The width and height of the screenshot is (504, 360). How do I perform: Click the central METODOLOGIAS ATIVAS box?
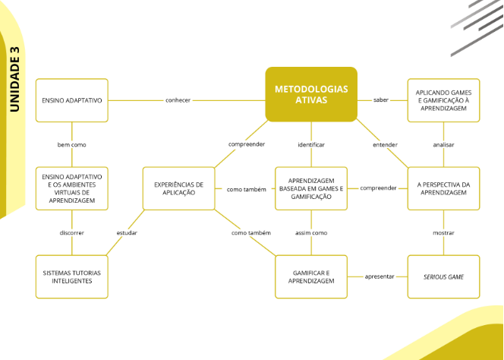311,94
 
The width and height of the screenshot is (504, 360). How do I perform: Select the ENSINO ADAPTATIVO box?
72,100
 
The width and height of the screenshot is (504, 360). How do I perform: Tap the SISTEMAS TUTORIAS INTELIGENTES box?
72,276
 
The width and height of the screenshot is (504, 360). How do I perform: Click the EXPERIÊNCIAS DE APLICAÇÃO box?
179,188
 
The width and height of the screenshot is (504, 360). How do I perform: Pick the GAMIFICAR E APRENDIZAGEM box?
311,276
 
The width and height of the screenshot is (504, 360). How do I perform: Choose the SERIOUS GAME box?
444,276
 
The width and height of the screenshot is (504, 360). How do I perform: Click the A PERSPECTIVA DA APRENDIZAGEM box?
444,188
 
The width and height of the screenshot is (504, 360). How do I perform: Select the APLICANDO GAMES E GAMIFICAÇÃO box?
444,100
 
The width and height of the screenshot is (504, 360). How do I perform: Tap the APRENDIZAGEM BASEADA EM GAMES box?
311,188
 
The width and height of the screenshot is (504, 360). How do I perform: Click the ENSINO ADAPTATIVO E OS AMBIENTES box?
72,188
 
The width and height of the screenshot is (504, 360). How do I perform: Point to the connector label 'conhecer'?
178,100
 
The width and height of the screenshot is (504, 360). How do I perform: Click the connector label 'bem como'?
72,144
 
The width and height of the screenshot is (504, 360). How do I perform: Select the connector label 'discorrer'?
72,232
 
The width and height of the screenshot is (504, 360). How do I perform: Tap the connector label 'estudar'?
127,232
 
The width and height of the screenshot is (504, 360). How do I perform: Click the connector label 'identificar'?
311,144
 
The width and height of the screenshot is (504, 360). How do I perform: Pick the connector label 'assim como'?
311,232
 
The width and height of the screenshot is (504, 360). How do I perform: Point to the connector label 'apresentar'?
380,276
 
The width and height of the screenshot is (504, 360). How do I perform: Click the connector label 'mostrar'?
444,232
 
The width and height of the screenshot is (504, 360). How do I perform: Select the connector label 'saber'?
381,100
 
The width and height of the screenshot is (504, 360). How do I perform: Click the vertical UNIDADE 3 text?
14,79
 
